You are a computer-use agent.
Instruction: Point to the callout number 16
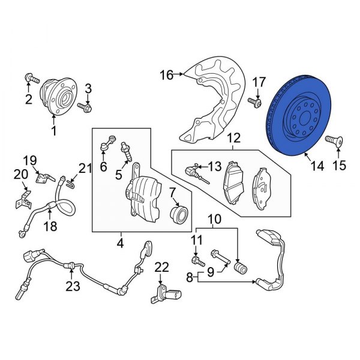(166, 75)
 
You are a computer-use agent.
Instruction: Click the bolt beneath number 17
(256, 104)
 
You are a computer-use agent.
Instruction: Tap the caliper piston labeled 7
(178, 214)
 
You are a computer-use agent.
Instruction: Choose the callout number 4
(120, 244)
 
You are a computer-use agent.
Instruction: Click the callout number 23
(73, 287)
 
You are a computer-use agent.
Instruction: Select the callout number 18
(50, 227)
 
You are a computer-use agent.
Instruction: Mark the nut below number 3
(88, 109)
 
